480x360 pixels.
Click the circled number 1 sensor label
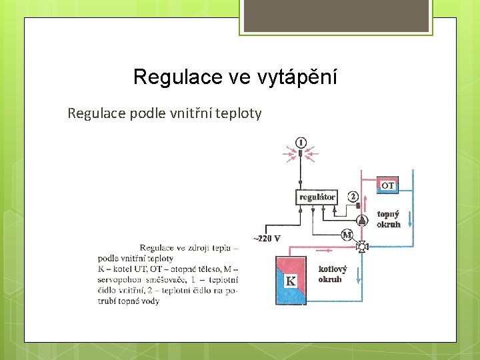pyautogui.click(x=301, y=142)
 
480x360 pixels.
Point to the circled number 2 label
pyautogui.click(x=353, y=197)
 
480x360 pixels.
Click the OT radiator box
pyautogui.click(x=387, y=185)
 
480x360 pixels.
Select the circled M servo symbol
pyautogui.click(x=347, y=234)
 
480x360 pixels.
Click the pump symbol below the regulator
pyautogui.click(x=361, y=220)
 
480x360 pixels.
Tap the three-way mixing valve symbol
pyautogui.click(x=362, y=247)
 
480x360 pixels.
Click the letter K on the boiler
pyautogui.click(x=291, y=281)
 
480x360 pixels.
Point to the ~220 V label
pyautogui.click(x=266, y=238)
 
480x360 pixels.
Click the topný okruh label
pyautogui.click(x=388, y=219)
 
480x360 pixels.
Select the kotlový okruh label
pyautogui.click(x=332, y=274)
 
